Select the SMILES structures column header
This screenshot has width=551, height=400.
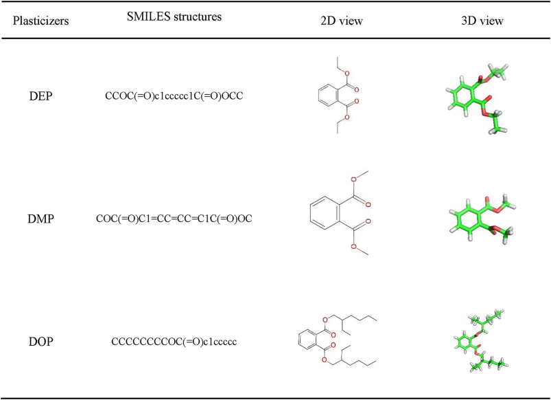(174, 17)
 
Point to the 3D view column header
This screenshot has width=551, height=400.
(482, 21)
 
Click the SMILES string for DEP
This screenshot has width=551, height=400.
(174, 97)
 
